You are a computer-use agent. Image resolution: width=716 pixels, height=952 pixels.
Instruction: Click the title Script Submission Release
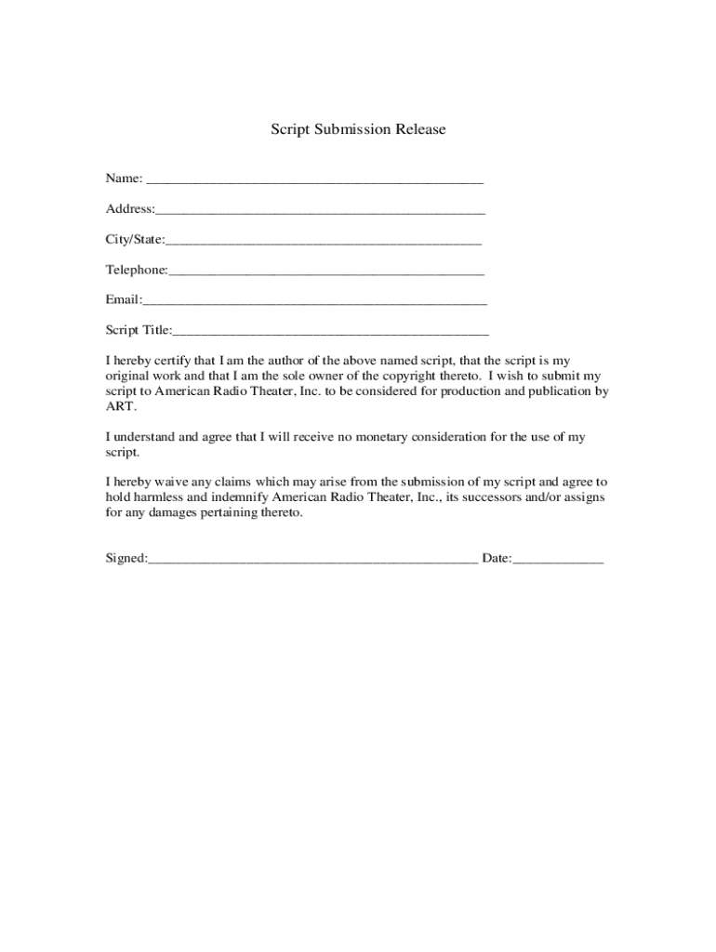click(358, 130)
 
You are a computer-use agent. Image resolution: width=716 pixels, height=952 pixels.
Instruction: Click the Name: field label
click(124, 178)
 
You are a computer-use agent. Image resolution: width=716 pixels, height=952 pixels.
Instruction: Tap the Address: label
click(130, 208)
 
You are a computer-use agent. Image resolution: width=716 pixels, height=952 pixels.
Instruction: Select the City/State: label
click(135, 240)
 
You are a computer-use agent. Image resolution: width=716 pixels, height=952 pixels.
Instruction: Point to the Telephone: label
click(137, 270)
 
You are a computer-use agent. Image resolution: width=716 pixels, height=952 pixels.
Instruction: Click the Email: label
click(124, 299)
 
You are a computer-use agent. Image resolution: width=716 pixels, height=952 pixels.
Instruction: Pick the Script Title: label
click(139, 330)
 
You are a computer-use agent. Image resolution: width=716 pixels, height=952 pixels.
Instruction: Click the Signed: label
click(126, 559)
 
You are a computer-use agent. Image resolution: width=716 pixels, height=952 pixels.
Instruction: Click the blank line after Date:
click(558, 561)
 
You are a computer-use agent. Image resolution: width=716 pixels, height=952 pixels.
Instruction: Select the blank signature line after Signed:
click(312, 561)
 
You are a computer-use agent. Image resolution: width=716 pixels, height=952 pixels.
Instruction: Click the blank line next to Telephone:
click(326, 271)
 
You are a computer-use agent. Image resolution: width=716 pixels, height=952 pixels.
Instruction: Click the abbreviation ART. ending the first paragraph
click(120, 407)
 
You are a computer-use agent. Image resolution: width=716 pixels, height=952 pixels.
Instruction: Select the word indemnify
click(245, 497)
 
